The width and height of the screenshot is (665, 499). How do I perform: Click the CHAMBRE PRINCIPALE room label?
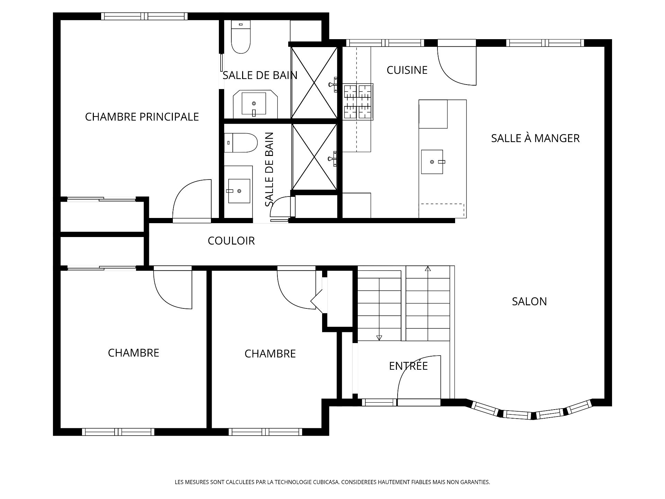[x=142, y=117]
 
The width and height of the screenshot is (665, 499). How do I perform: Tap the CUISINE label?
[x=407, y=70]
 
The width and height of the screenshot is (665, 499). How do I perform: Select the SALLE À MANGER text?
[x=535, y=138]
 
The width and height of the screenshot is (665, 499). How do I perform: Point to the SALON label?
[x=529, y=301]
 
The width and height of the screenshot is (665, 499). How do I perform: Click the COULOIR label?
[x=231, y=240]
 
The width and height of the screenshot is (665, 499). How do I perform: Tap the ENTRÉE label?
[x=408, y=366]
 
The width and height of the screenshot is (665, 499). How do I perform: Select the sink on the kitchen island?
[x=432, y=162]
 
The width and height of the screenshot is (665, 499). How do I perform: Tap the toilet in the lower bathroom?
[x=241, y=143]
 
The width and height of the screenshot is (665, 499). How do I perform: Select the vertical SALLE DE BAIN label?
[x=269, y=169]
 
